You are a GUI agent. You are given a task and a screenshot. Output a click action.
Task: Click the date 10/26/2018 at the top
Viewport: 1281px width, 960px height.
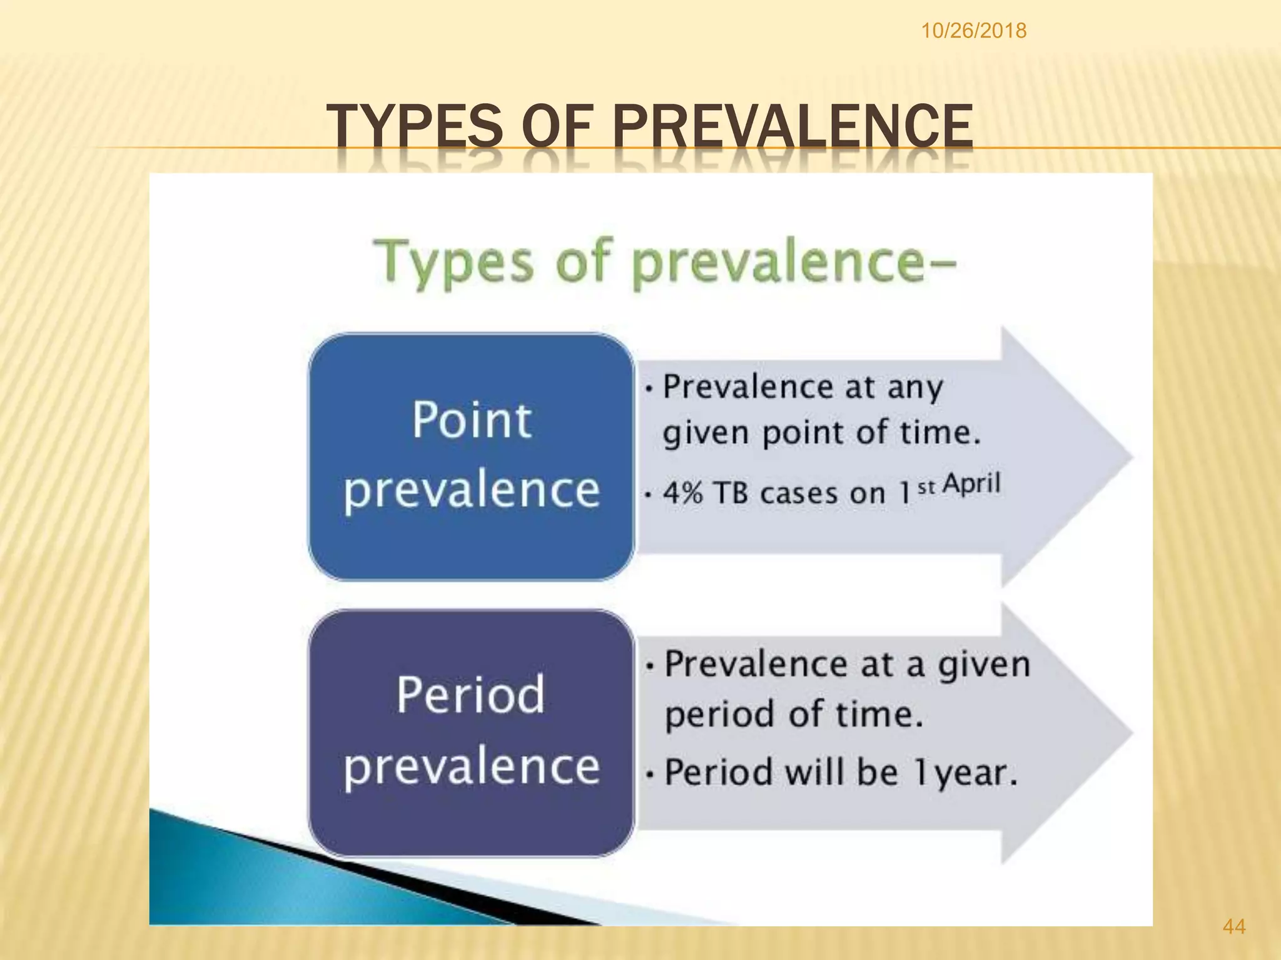[x=973, y=31]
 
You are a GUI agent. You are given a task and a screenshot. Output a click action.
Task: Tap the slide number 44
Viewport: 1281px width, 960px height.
[x=1233, y=926]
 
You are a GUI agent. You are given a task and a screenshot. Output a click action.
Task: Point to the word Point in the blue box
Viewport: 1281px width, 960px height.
[x=472, y=420]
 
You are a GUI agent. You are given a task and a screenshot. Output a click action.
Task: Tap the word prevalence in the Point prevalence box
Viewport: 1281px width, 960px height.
[x=472, y=490]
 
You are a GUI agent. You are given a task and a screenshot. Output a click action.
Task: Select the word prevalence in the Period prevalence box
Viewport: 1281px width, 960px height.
[x=472, y=767]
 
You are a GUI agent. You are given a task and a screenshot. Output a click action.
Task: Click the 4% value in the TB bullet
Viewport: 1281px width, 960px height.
[x=683, y=493]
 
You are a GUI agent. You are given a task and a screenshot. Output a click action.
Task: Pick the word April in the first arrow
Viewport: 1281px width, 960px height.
[x=971, y=484]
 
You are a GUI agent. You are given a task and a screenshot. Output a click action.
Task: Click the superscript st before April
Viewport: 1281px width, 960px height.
[x=926, y=487]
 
